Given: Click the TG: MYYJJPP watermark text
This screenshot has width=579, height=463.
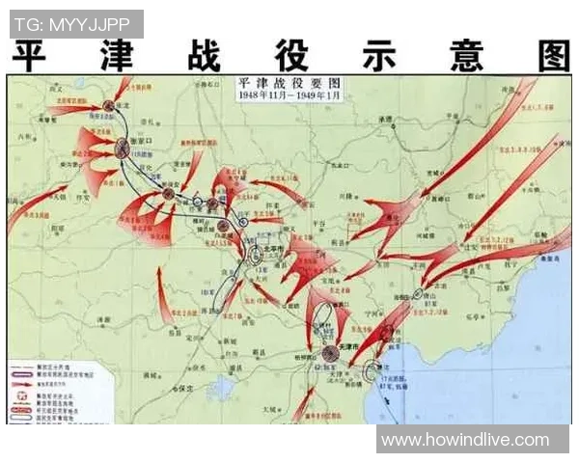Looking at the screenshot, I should pyautogui.click(x=74, y=22).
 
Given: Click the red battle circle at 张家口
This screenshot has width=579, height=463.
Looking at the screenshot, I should pyautogui.click(x=123, y=148).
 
